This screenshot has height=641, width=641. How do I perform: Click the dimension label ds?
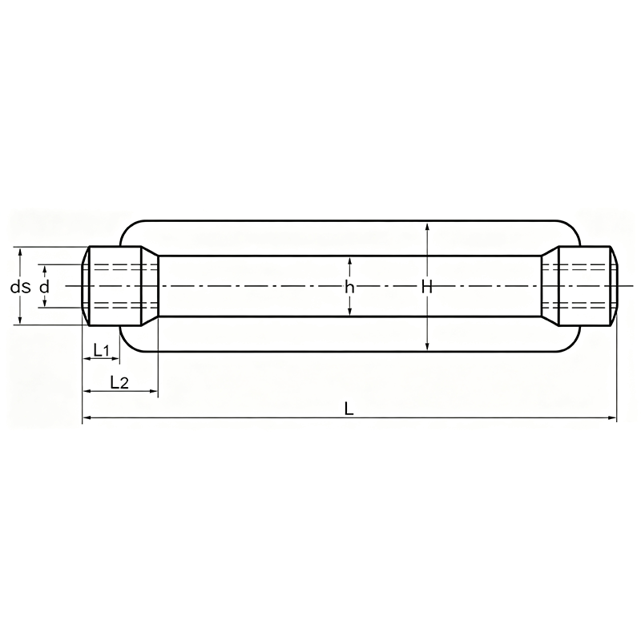pos(21,287)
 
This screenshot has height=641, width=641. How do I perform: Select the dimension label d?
pos(44,287)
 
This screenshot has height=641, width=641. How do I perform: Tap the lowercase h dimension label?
pos(349,288)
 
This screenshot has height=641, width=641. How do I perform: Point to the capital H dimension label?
pos(427,288)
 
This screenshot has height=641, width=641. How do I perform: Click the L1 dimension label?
pos(102,350)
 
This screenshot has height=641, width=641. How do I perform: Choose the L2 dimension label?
pos(119,383)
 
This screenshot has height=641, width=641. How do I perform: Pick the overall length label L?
pos(349,409)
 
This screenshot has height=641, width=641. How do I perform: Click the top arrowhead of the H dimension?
pos(427,227)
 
